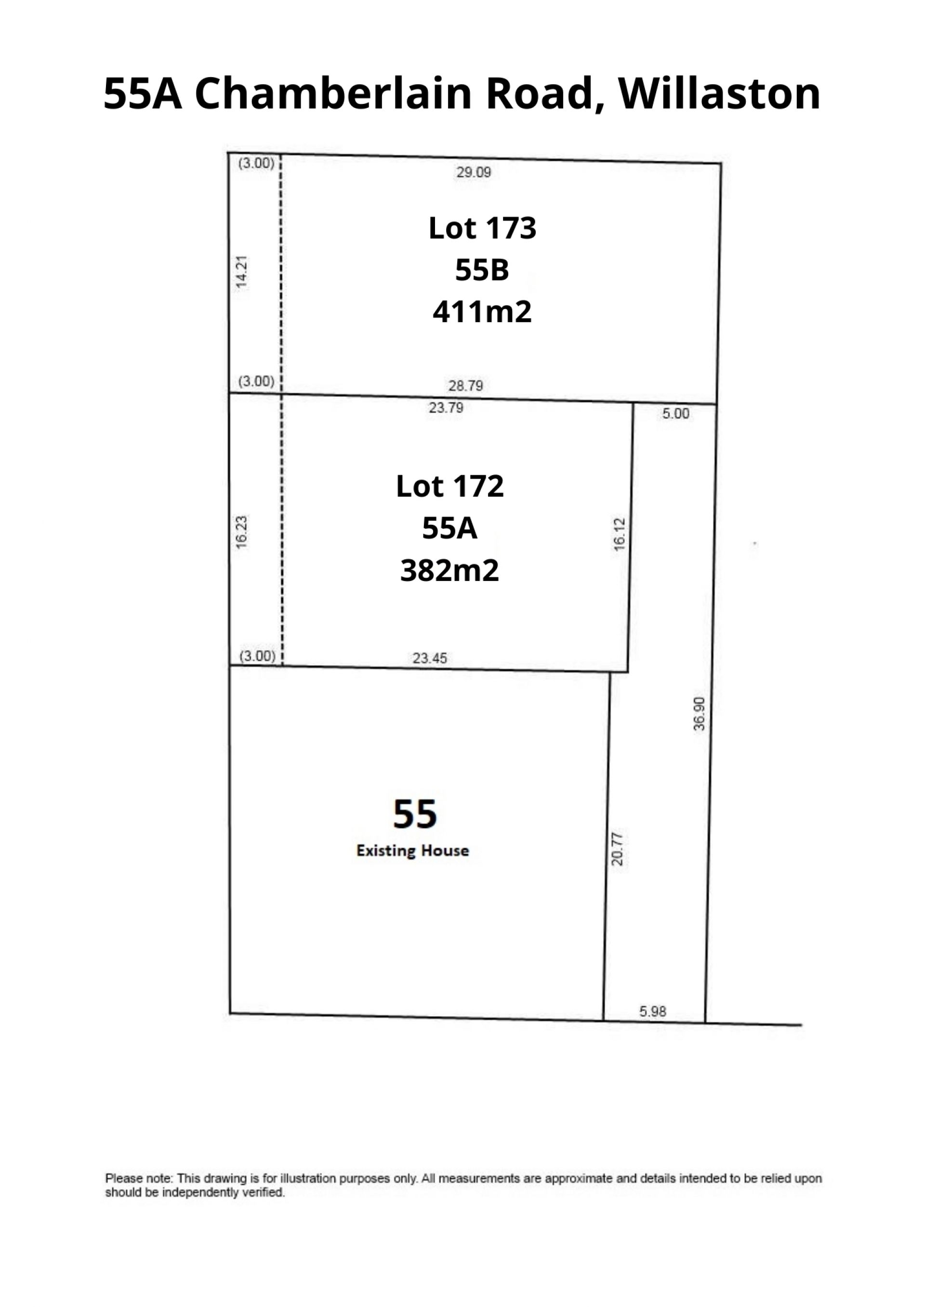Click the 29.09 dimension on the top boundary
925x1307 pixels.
tap(473, 172)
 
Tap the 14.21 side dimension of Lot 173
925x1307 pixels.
tap(242, 272)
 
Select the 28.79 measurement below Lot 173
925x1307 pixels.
tap(465, 386)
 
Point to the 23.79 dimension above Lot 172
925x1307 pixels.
tap(446, 408)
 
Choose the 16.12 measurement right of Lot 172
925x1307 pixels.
tap(620, 534)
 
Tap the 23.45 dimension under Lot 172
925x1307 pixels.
tap(430, 658)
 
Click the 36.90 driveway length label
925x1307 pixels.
tap(700, 714)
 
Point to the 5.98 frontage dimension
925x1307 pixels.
tap(653, 1011)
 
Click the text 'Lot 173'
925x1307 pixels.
tap(482, 228)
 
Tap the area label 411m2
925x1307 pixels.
tap(482, 312)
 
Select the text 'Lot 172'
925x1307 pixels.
tap(450, 486)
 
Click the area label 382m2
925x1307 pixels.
tap(450, 570)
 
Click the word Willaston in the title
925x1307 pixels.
tap(719, 93)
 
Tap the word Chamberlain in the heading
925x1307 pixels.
tap(333, 93)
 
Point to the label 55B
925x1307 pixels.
tap(482, 270)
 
